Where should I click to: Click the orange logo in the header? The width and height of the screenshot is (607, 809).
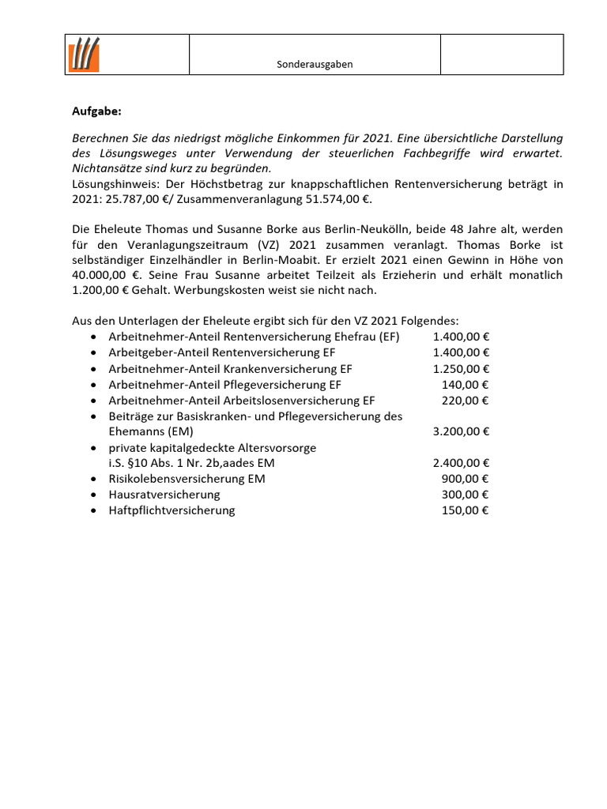[x=83, y=55]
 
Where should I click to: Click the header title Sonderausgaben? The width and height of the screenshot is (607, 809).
[x=314, y=65]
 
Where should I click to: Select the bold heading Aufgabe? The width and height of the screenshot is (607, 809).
[x=96, y=111]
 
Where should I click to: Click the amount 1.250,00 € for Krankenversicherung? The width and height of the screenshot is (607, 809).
[x=461, y=369]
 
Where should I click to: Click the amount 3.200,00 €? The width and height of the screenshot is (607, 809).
[x=461, y=431]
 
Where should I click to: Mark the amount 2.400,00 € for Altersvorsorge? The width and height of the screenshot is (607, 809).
[x=461, y=463]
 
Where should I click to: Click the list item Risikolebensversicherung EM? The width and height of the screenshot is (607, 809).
[x=187, y=479]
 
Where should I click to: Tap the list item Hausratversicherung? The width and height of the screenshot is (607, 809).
[x=164, y=495]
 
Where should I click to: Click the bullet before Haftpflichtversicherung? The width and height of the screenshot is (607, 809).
[x=94, y=510]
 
